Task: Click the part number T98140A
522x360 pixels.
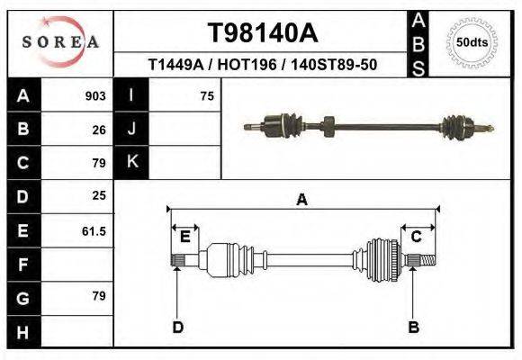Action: pos(262,33)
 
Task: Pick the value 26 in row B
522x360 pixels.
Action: pos(99,130)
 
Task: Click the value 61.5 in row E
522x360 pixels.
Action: pos(94,231)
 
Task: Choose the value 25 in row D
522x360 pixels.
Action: pos(99,195)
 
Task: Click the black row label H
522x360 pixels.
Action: pos(22,332)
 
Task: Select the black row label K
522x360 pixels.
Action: pos(132,162)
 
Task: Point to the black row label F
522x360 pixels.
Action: pos(22,265)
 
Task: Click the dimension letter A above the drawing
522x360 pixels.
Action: pos(302,200)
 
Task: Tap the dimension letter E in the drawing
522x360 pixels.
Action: pos(184,237)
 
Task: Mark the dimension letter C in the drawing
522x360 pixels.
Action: pos(417,237)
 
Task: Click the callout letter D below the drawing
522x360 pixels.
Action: pos(178,327)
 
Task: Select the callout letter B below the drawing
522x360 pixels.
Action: pos(414,327)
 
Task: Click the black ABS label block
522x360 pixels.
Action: pos(418,42)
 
